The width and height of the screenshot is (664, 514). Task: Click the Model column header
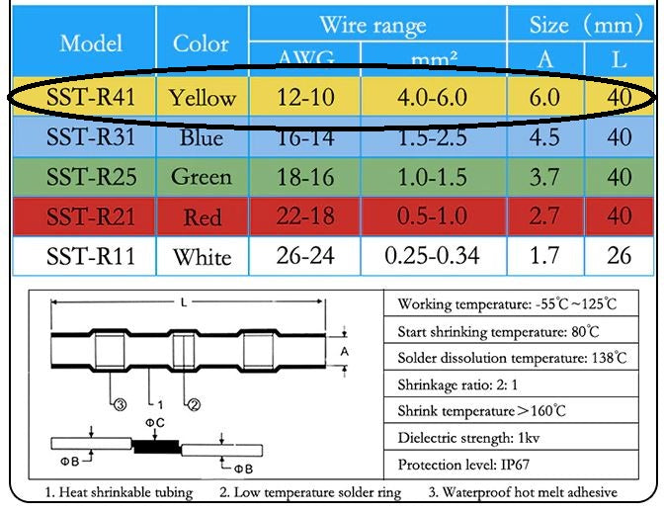tap(91, 43)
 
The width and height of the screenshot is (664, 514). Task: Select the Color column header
tap(201, 43)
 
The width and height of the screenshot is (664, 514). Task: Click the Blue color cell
tap(202, 136)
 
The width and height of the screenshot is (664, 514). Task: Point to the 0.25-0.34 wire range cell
tap(433, 256)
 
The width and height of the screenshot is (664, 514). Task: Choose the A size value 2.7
tap(544, 216)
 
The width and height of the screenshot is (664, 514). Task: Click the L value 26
tap(620, 256)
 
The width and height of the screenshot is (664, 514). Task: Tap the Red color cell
tap(202, 216)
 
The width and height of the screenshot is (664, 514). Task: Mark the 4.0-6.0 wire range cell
tap(433, 97)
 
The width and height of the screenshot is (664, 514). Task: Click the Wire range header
tap(372, 25)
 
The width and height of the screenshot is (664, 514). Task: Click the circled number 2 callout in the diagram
tap(194, 403)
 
